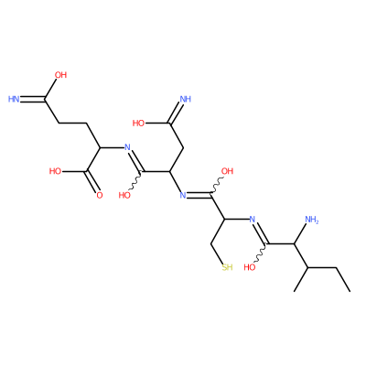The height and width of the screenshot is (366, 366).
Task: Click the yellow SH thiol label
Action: point(227,267)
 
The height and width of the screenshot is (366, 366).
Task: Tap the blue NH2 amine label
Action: point(312,220)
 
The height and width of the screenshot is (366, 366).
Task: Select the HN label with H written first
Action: point(14,99)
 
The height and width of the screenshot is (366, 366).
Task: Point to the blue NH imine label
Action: point(186,99)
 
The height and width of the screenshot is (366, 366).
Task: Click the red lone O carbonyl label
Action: point(100,196)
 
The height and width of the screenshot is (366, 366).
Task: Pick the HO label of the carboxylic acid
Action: point(55,171)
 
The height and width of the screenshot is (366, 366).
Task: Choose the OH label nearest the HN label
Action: point(60,75)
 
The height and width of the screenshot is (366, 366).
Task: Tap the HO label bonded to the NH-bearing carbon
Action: point(138,124)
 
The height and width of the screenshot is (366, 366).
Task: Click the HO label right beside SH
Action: point(250,267)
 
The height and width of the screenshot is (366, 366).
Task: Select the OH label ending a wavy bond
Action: point(227,171)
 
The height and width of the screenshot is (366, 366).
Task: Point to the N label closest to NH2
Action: point(252,220)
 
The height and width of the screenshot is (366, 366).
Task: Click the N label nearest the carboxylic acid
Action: point(127,147)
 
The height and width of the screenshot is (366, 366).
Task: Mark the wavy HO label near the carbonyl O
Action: point(124,196)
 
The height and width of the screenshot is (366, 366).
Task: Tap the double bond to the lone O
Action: point(93,182)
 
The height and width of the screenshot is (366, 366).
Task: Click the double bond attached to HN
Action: point(33,100)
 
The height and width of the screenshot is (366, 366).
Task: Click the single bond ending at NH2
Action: point(301,234)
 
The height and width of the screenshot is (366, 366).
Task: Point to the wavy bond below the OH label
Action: point(214,187)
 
